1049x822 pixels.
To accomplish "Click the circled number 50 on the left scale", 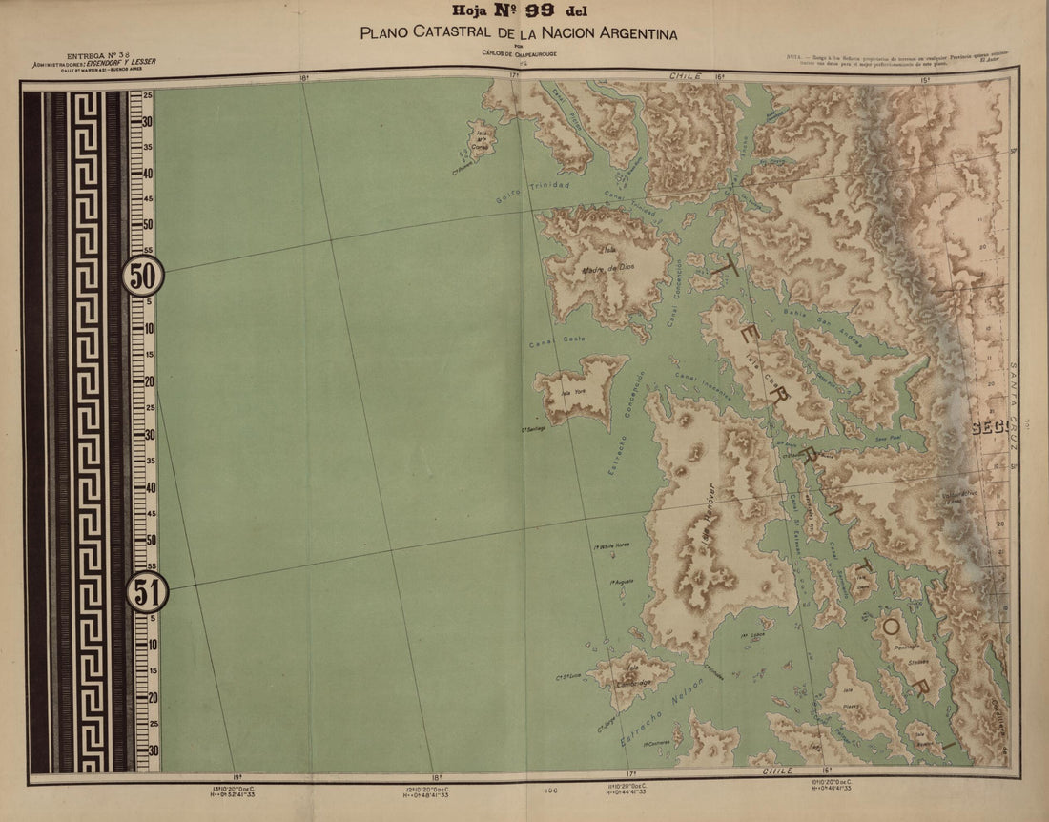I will click(143, 277).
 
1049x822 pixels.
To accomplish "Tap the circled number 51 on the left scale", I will click(147, 594).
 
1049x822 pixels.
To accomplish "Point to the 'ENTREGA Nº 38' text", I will click(93, 56).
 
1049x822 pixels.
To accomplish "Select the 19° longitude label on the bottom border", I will click(236, 777).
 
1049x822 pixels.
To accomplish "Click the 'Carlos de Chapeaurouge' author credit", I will click(518, 54).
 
